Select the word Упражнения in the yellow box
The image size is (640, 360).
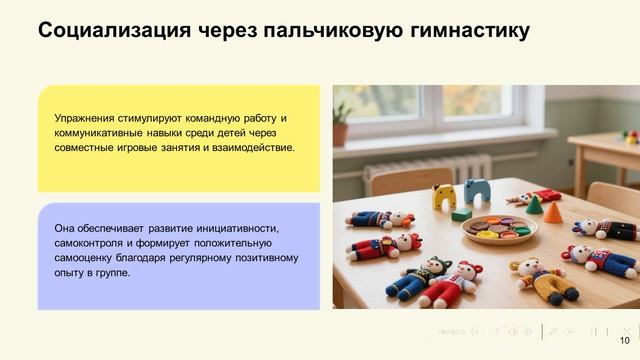(x=87, y=118)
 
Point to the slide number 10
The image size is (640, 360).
(x=625, y=340)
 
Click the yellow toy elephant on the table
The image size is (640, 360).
(x=443, y=196)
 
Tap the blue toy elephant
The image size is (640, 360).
(x=476, y=190)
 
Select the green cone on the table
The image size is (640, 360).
(x=534, y=205)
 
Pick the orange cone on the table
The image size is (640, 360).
(x=553, y=212)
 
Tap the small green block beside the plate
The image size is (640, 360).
(x=461, y=213)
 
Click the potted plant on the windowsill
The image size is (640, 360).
(x=341, y=124)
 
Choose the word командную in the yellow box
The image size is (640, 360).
(x=210, y=118)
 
